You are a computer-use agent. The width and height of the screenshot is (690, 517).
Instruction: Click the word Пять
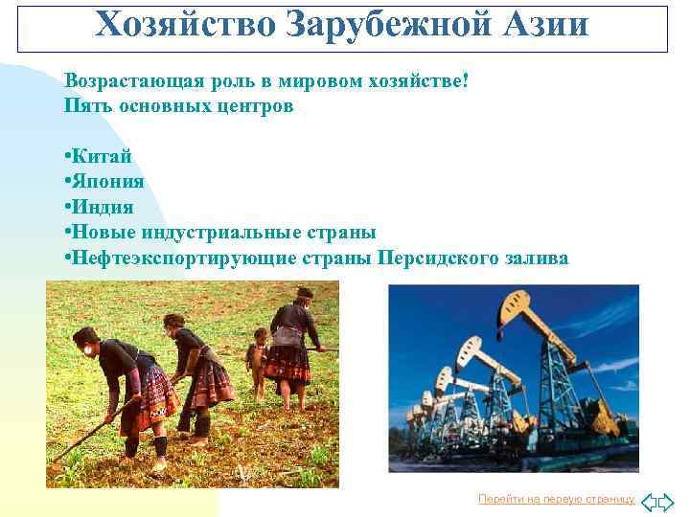click(x=85, y=105)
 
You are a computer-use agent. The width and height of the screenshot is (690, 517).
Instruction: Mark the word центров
click(x=260, y=105)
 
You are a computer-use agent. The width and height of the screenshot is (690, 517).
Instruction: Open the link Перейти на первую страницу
click(x=556, y=499)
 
